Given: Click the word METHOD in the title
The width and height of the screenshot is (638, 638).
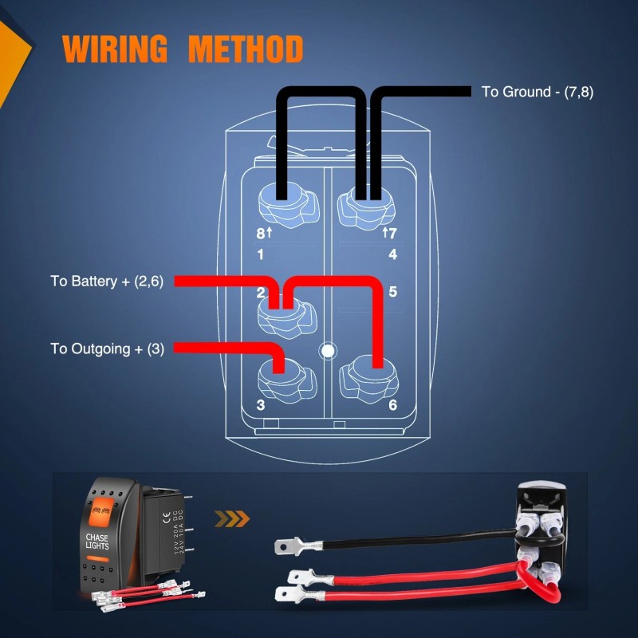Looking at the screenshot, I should click(x=246, y=49).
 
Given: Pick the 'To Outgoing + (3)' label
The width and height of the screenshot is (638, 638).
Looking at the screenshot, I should click(x=108, y=349).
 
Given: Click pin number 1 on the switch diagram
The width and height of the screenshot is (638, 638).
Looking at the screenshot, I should click(x=261, y=255).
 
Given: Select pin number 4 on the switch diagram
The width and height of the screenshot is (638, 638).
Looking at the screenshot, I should click(x=392, y=255).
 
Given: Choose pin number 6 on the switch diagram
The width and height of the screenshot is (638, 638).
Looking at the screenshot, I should click(x=392, y=404).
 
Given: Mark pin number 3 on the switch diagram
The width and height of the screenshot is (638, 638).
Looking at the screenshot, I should click(x=261, y=404).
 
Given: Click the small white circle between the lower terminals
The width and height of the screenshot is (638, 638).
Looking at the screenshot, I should click(x=325, y=349).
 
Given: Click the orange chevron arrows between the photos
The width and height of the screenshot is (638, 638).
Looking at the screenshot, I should click(x=233, y=520).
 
